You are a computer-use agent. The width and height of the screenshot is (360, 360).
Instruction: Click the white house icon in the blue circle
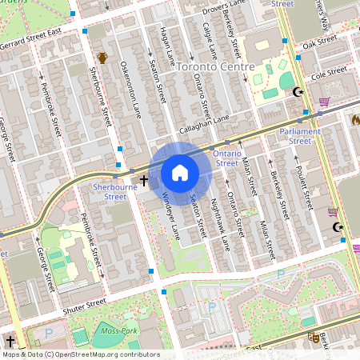pyautogui.click(x=180, y=173)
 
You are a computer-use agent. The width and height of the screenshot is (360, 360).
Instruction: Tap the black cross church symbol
pyautogui.click(x=145, y=181)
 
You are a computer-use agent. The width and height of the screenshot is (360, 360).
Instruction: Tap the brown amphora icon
pyautogui.click(x=102, y=57)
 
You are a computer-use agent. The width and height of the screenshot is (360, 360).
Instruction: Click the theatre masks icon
pyautogui.click(x=314, y=338)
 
